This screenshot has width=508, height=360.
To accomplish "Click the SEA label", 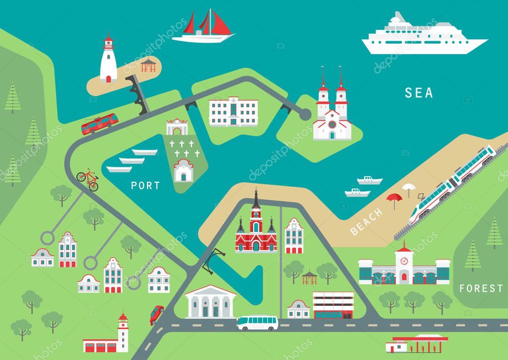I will (x=419, y=93).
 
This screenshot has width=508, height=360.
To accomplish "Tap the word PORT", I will (x=145, y=186).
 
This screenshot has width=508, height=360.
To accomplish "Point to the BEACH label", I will (x=366, y=221).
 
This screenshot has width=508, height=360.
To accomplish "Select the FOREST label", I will (x=481, y=288).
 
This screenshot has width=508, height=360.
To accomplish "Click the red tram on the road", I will (x=100, y=123).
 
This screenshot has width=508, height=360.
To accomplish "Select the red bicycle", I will (x=88, y=179).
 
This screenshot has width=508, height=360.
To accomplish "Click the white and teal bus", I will (x=257, y=322).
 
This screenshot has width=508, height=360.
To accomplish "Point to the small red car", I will (x=156, y=314).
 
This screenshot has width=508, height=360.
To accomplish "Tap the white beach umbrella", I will (x=409, y=188).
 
